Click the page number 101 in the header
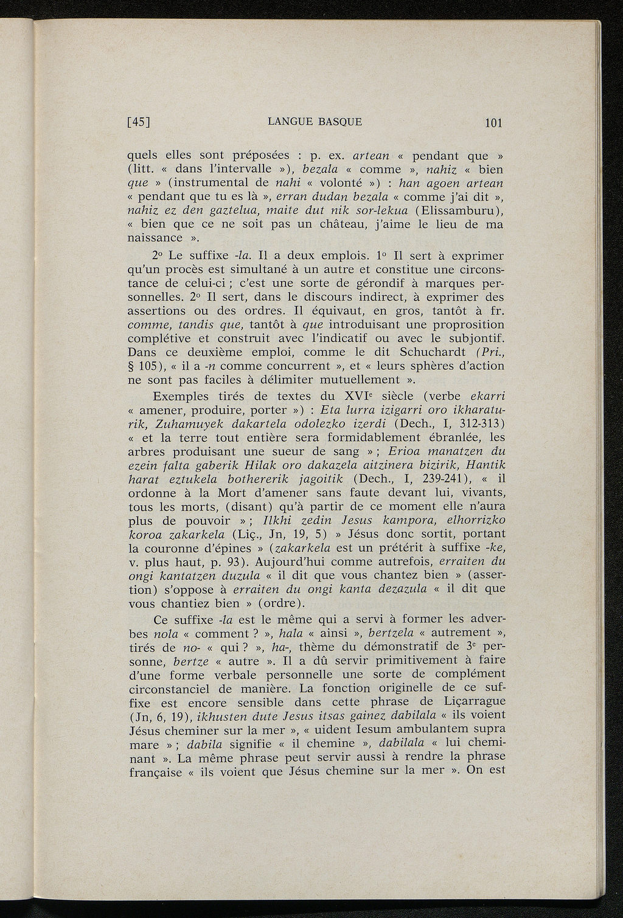(493, 123)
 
